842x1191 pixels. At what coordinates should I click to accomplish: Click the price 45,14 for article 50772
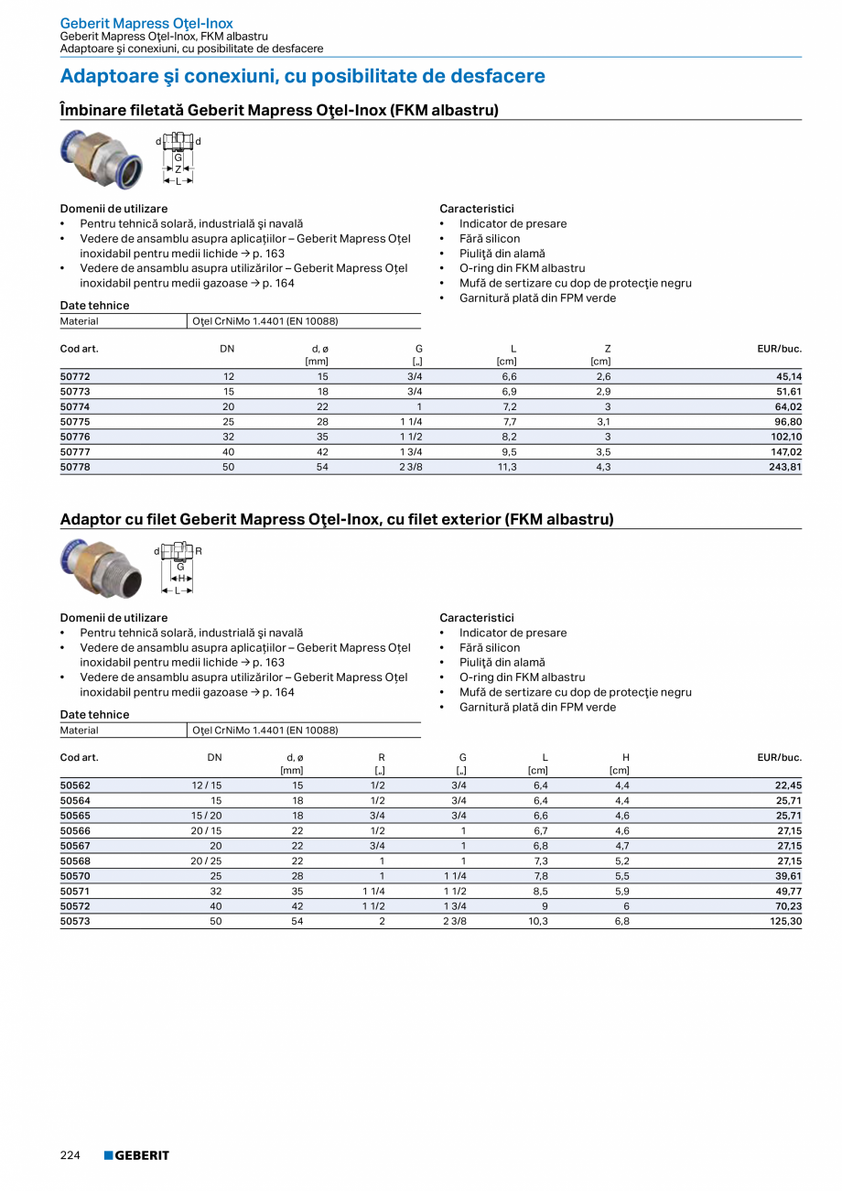coord(788,376)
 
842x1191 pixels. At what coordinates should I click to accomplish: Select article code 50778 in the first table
coord(75,467)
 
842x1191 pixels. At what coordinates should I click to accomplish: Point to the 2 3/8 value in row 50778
coord(410,467)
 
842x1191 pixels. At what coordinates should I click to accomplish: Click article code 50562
coord(75,785)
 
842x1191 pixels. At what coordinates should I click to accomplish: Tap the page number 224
coord(70,1155)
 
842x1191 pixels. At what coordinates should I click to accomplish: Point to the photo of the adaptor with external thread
coord(97,568)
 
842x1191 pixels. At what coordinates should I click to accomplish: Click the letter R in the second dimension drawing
coord(199,551)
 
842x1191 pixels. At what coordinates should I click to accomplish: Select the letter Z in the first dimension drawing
coord(178,169)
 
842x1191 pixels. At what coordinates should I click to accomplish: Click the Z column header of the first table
coord(607,349)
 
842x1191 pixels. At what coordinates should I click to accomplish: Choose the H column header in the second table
coord(625,758)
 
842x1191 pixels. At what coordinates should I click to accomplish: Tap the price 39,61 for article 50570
coord(788,876)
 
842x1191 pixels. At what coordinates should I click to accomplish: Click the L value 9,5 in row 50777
coord(509,452)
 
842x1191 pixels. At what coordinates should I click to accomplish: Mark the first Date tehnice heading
coord(95,305)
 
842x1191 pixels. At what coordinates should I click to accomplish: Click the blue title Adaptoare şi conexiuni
coord(302,76)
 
